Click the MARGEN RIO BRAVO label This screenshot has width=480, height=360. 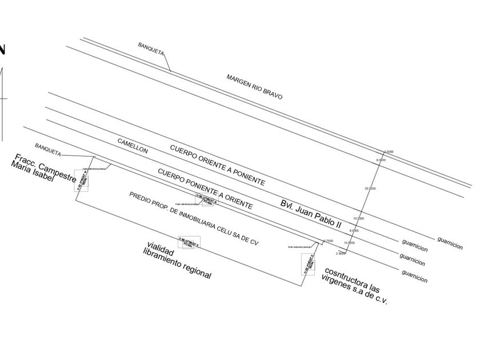click(254, 87)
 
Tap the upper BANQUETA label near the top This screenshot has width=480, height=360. click(151, 48)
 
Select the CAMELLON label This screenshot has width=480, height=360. click(133, 146)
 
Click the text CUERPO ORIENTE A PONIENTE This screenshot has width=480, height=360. click(217, 165)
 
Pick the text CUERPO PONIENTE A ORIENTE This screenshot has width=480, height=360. click(205, 188)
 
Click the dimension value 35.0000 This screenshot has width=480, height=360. click(370, 188)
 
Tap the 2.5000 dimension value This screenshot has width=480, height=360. click(341, 253)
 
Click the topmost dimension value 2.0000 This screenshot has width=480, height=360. click(389, 151)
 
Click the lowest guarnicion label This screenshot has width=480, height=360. click(414, 276)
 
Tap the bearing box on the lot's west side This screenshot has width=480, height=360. click(81, 181)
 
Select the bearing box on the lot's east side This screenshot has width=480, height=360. click(309, 264)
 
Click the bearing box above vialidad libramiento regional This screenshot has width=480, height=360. click(189, 242)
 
